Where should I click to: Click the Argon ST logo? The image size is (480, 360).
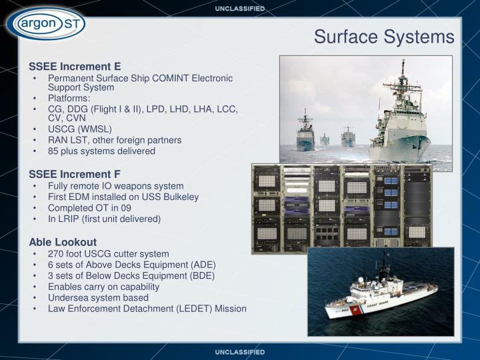tap(45, 25)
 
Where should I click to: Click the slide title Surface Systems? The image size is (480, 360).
tap(384, 37)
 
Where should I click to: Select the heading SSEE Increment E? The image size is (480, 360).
tap(75, 67)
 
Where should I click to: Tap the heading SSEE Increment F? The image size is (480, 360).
tap(75, 175)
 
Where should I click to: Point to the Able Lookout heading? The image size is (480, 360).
tap(63, 242)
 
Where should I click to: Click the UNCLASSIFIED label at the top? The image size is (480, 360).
tap(240, 9)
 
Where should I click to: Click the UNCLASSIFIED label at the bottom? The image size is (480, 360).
tap(240, 351)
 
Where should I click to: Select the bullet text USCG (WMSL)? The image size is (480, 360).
tap(80, 129)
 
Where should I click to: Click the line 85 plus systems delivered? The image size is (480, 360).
tap(101, 151)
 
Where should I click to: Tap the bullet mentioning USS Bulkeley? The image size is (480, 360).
tap(123, 197)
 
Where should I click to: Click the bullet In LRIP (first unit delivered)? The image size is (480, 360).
tap(104, 219)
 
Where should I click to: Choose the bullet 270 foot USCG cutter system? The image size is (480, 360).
tap(108, 254)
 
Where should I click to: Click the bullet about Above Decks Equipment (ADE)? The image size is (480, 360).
tap(132, 265)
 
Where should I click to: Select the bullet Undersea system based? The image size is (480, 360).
tap(98, 297)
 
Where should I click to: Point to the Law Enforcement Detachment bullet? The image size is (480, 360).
tap(147, 309)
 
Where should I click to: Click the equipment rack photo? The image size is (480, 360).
tap(341, 209)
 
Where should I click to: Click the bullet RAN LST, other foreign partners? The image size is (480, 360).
tap(115, 140)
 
